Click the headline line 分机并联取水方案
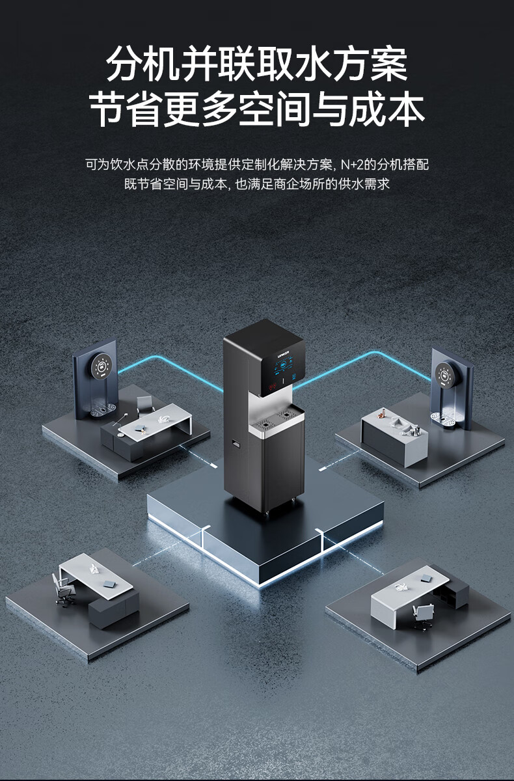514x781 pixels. (256, 64)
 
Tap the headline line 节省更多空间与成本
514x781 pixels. (256, 109)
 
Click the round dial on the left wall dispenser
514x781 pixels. (103, 368)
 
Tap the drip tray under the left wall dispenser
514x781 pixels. (101, 410)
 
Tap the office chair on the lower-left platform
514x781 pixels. (64, 590)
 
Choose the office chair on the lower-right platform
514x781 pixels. (423, 614)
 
